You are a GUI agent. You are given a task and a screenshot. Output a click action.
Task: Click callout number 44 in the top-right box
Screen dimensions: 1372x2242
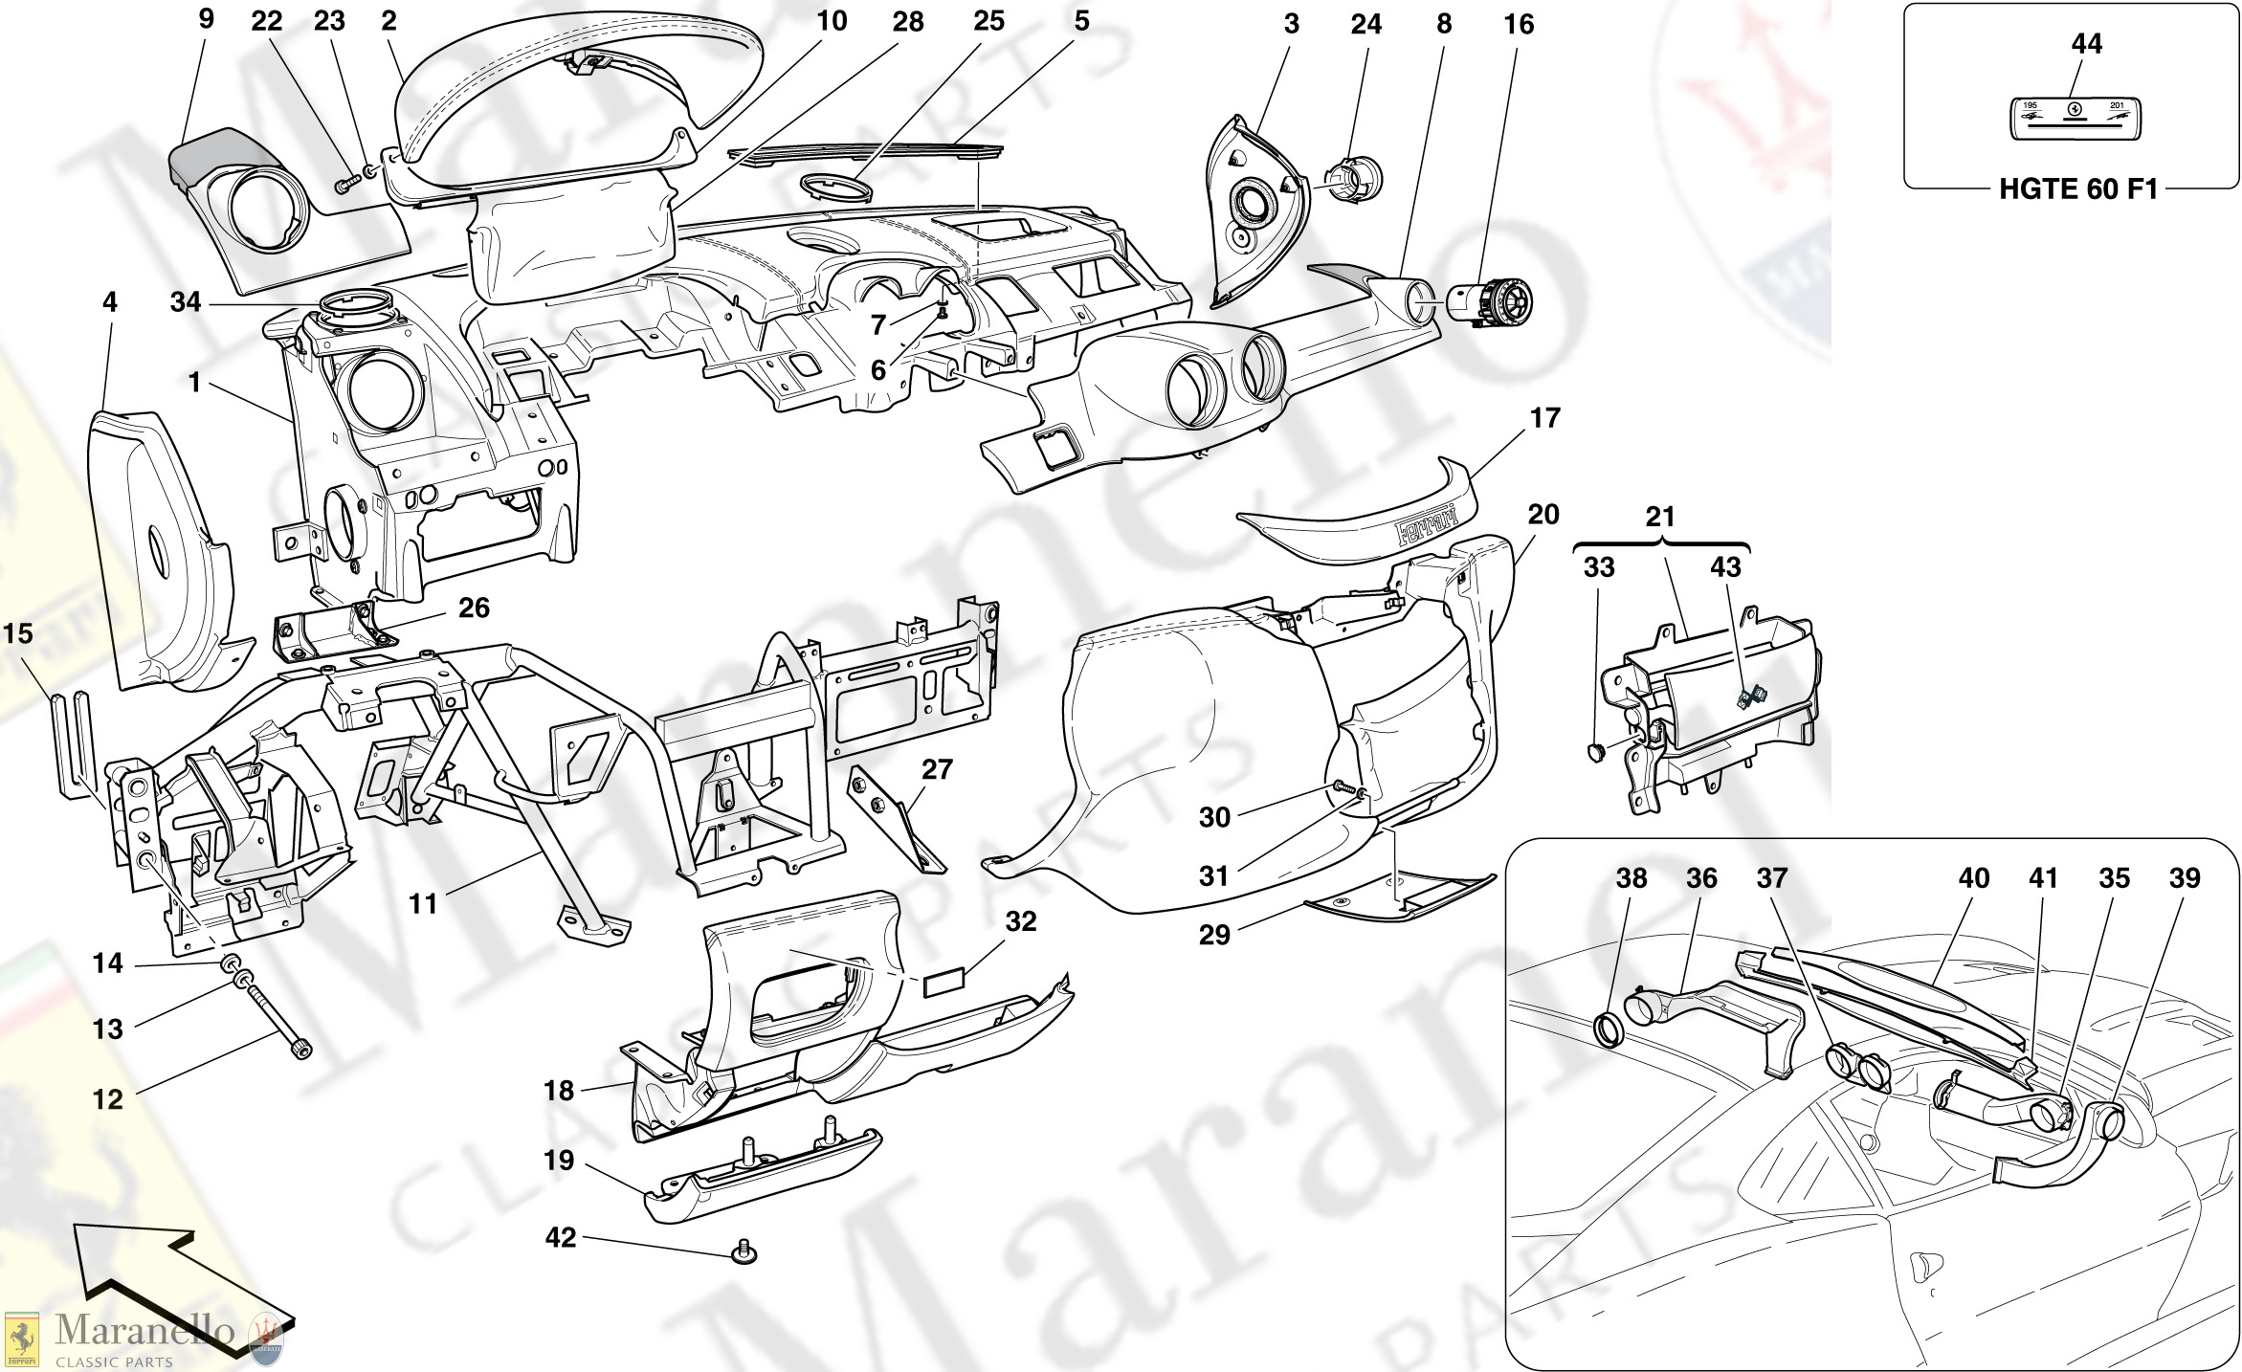2086,43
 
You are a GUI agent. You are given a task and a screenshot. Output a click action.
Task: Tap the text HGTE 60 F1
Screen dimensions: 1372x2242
2078,188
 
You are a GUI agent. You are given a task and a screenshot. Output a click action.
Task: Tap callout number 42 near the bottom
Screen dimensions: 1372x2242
561,1237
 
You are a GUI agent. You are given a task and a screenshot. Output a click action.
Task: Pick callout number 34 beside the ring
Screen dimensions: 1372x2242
185,302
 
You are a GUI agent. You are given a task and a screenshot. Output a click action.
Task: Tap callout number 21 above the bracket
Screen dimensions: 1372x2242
1660,518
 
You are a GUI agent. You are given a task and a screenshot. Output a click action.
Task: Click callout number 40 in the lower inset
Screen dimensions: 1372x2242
1974,877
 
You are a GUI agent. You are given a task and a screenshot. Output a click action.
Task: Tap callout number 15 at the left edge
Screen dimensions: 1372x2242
18,633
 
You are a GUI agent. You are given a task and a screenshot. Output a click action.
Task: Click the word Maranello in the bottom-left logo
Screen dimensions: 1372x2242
144,1330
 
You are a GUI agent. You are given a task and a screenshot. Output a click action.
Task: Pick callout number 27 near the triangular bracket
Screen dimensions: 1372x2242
938,769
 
